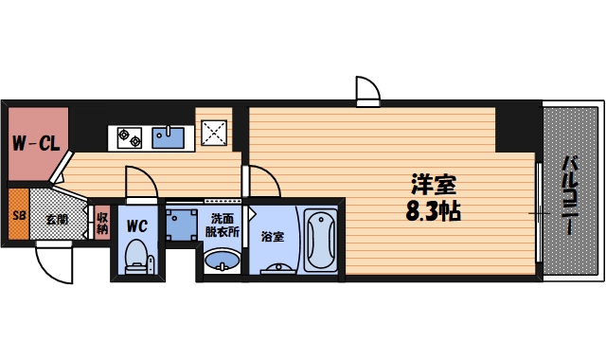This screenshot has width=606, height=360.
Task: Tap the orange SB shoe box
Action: (x=19, y=217)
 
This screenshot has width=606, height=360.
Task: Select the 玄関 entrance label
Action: (x=57, y=219)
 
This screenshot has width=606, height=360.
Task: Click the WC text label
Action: (x=136, y=227)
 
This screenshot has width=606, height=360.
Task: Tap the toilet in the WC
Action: (x=136, y=257)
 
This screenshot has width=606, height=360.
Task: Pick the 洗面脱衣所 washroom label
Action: (x=223, y=225)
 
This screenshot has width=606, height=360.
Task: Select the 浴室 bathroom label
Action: (x=272, y=236)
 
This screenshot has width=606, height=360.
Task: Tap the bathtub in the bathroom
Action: (x=319, y=241)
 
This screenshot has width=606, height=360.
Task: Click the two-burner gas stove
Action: (x=130, y=139)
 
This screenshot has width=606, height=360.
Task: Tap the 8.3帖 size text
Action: (x=433, y=210)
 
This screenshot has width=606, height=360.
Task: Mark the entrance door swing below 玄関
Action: (x=54, y=261)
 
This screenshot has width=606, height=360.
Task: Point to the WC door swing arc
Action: (x=137, y=183)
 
